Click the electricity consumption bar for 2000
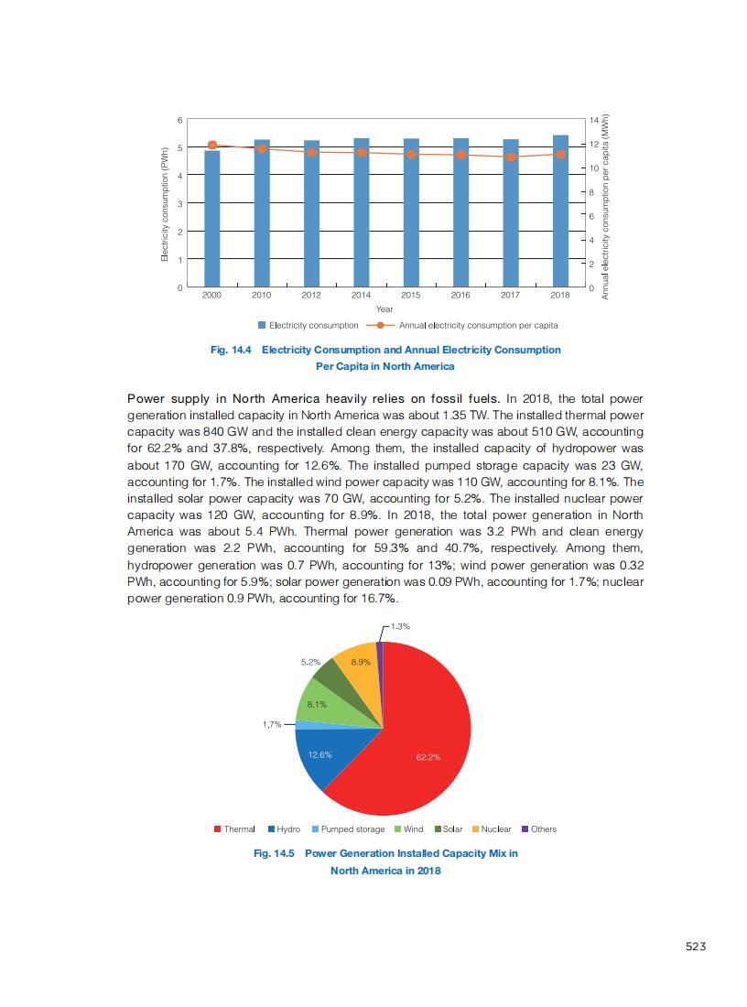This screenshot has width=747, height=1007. tap(211, 220)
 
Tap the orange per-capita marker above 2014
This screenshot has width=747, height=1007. tap(361, 152)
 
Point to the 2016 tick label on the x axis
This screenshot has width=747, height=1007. tap(460, 296)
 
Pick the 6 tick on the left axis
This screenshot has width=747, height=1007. tap(179, 120)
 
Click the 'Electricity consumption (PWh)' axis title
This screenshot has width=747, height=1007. tap(164, 204)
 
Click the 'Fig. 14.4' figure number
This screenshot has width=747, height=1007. tap(232, 350)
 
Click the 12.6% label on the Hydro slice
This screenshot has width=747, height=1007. tap(320, 755)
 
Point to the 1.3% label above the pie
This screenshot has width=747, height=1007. tap(399, 626)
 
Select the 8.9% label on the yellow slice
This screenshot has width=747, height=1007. tap(361, 661)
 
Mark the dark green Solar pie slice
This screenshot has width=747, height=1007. tap(328, 677)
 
